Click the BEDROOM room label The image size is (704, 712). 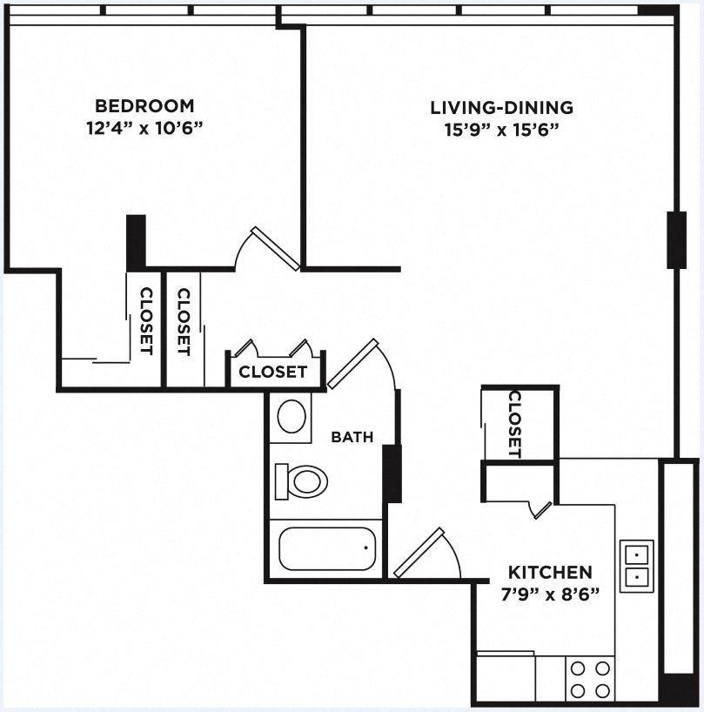pyautogui.click(x=144, y=107)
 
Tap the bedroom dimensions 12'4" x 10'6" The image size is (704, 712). pyautogui.click(x=144, y=129)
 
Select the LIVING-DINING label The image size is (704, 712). pyautogui.click(x=502, y=108)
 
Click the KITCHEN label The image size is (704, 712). pyautogui.click(x=550, y=573)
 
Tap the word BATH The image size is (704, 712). pyautogui.click(x=352, y=437)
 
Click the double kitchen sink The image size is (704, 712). pyautogui.click(x=636, y=564)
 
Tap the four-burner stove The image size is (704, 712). pyautogui.click(x=590, y=679)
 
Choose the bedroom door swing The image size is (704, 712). pyautogui.click(x=270, y=248)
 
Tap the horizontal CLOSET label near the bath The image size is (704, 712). pyautogui.click(x=272, y=373)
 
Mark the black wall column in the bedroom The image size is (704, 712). pyautogui.click(x=136, y=242)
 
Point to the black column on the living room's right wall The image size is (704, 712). pyautogui.click(x=676, y=239)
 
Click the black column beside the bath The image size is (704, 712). pyautogui.click(x=392, y=473)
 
